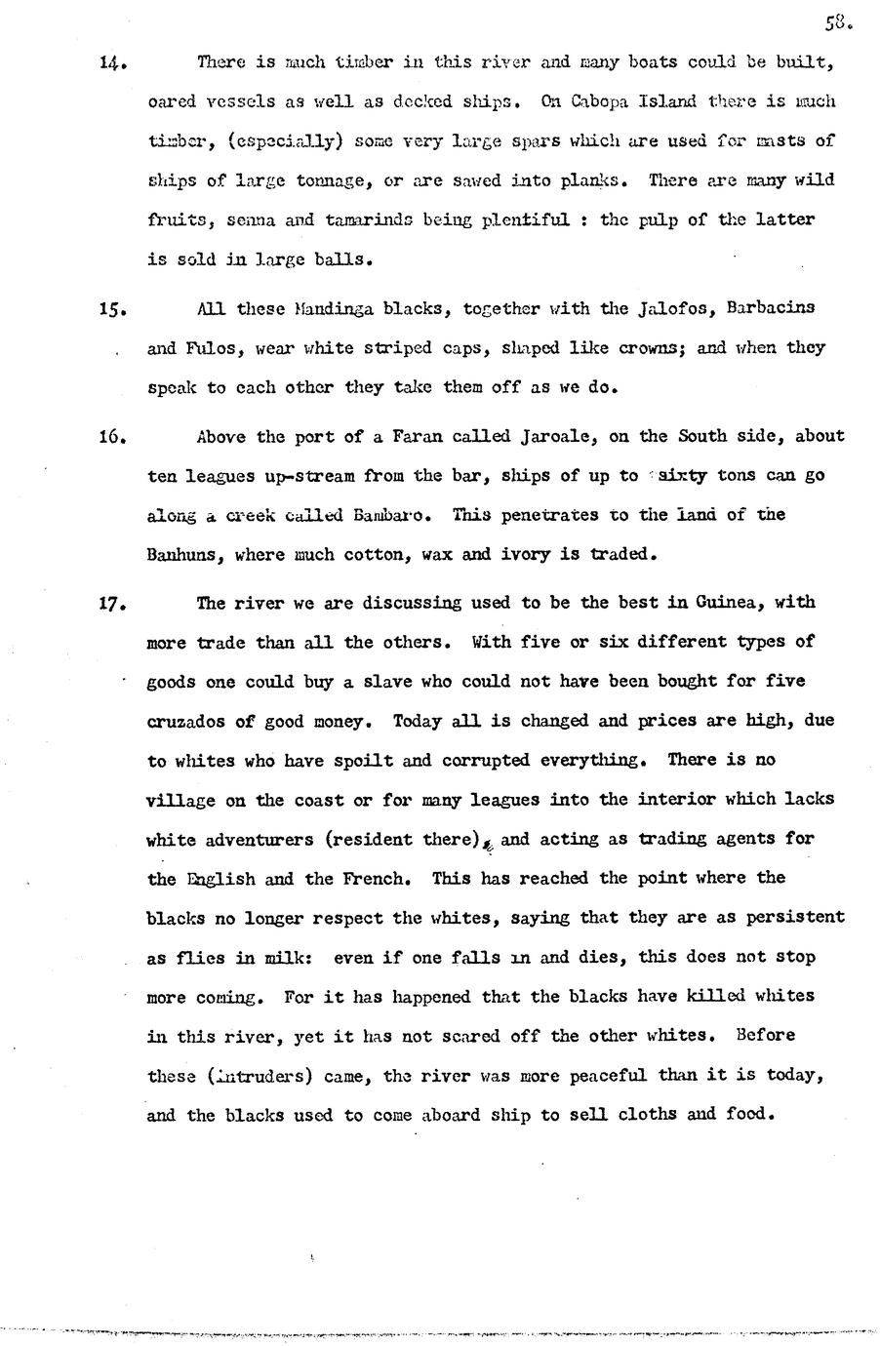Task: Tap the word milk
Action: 286,958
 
